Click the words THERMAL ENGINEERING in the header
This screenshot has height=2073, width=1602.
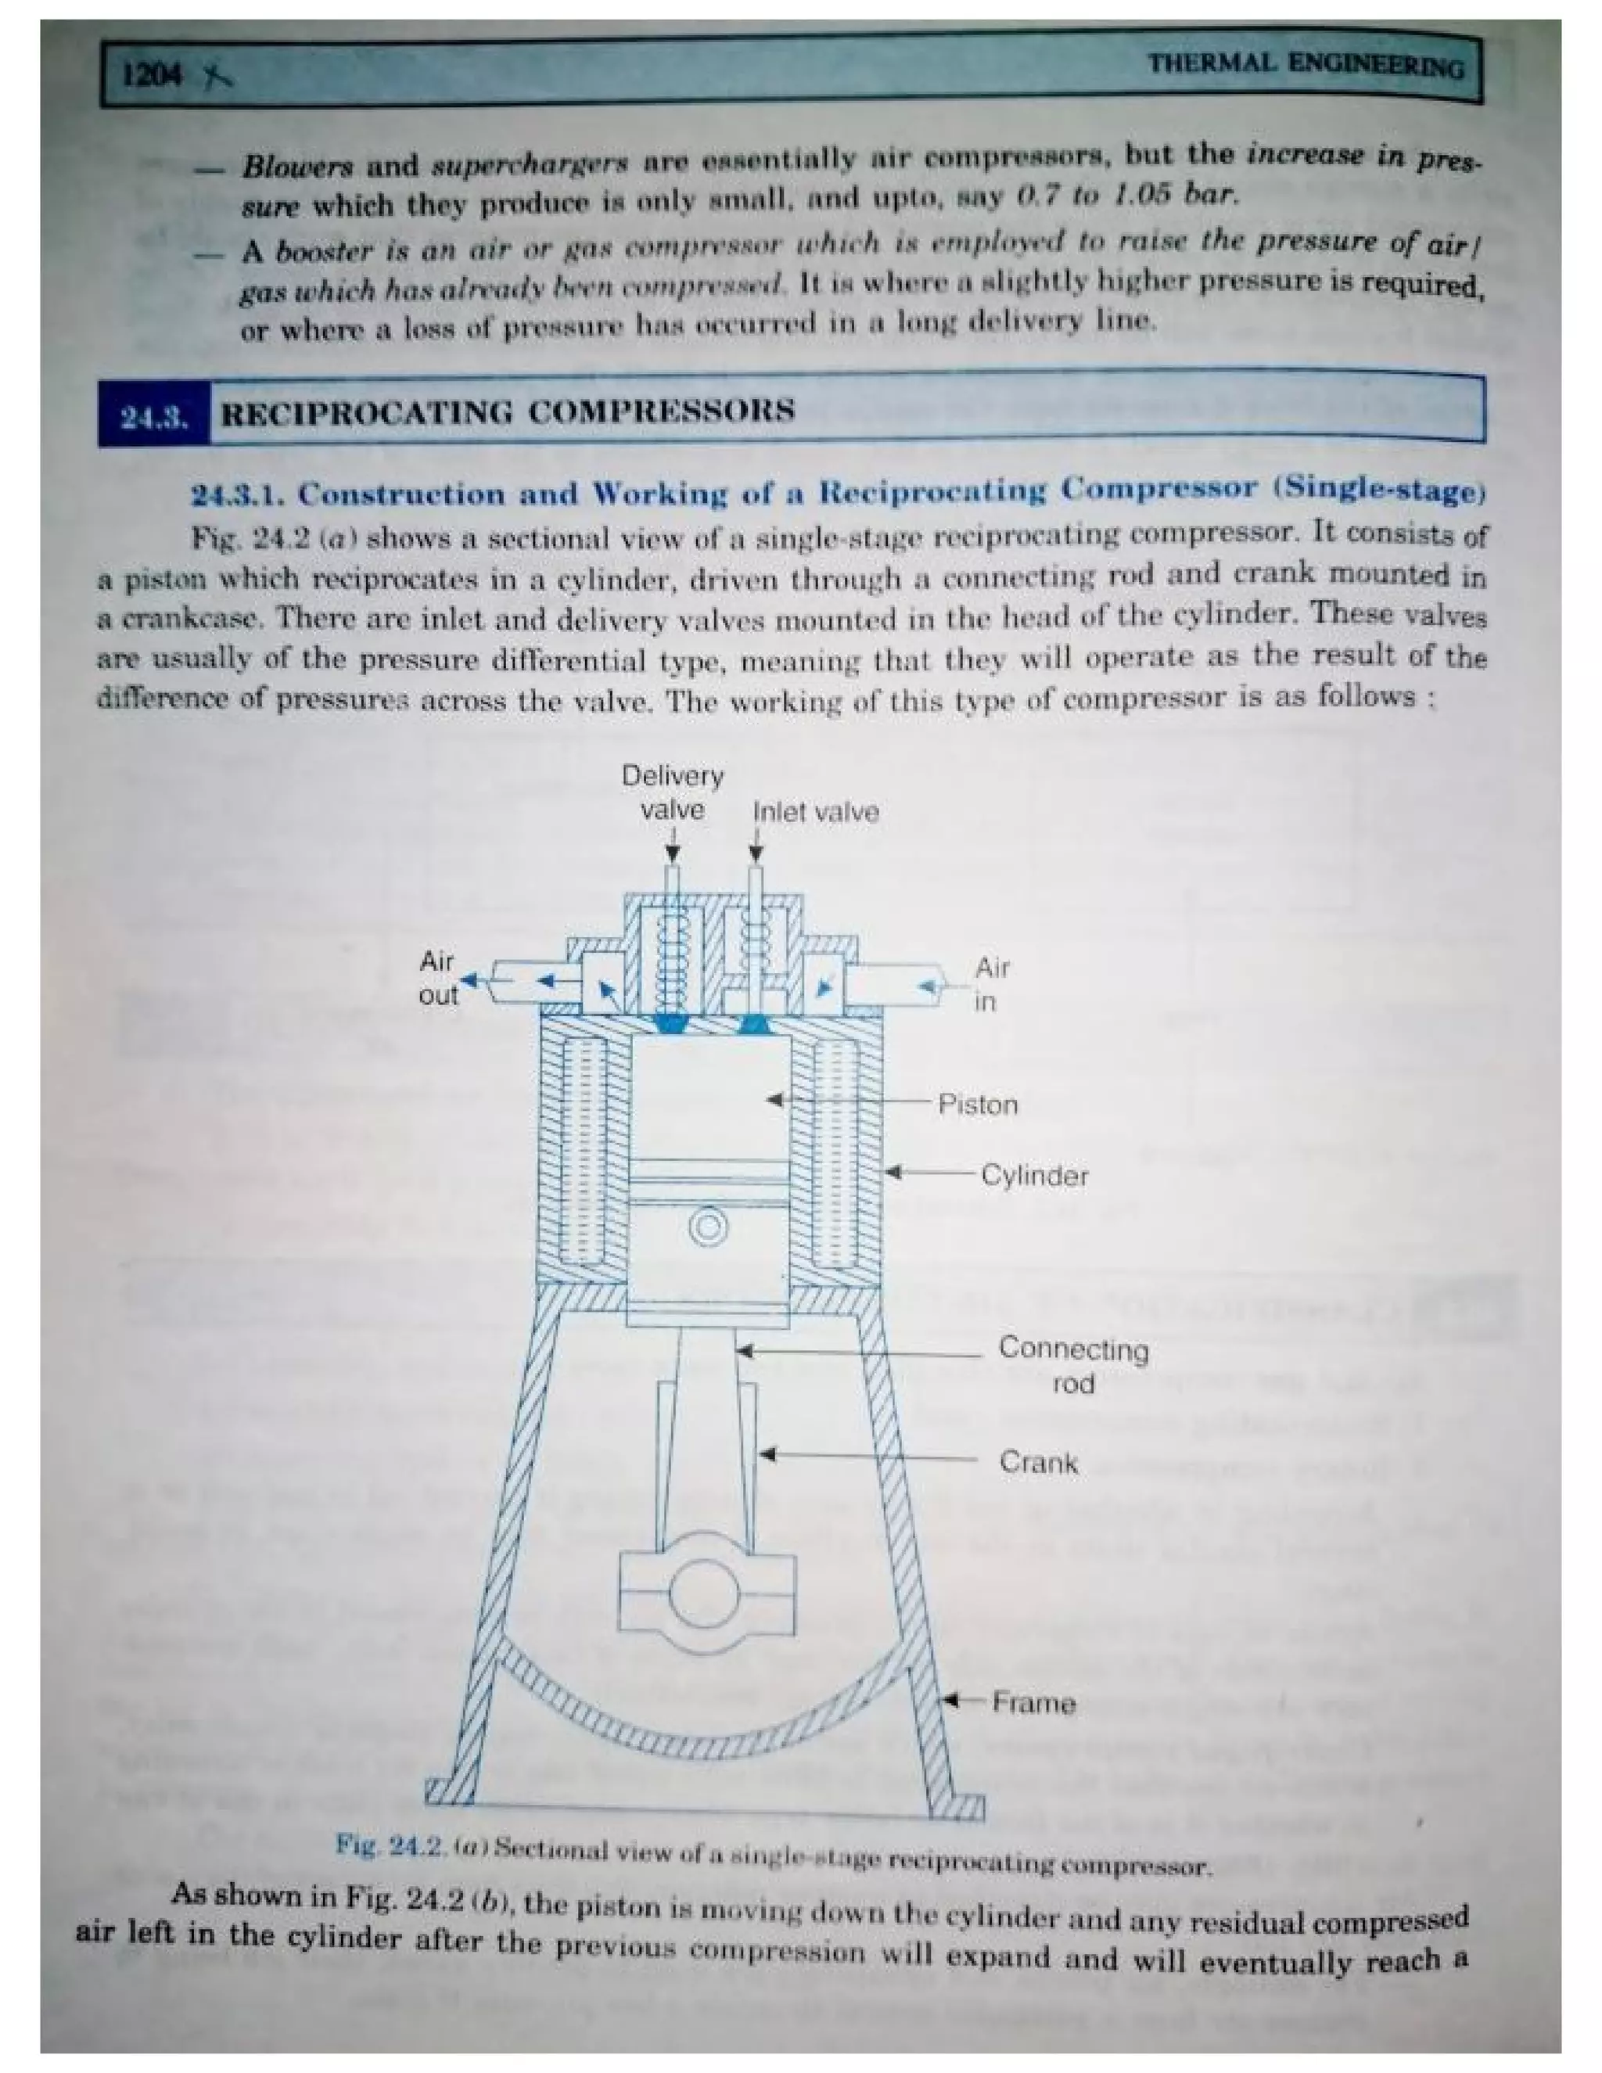[x=1305, y=66]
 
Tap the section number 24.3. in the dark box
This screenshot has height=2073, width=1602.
[x=153, y=417]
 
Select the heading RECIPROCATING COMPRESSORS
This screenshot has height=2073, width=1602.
[x=507, y=412]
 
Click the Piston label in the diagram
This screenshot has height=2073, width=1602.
[x=978, y=1105]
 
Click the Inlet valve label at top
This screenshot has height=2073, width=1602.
[x=815, y=813]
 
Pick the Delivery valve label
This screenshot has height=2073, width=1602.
[x=672, y=793]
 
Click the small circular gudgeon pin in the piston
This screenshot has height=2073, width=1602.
[x=708, y=1227]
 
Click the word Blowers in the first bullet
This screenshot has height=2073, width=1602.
[x=296, y=167]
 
